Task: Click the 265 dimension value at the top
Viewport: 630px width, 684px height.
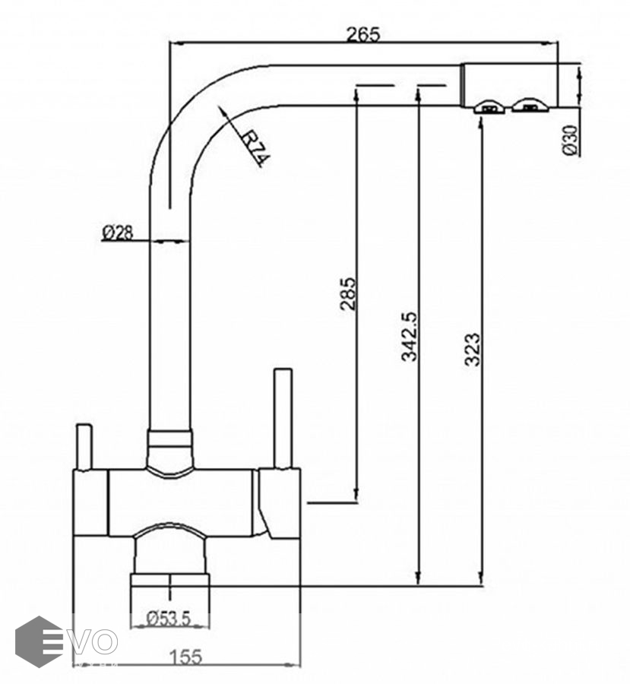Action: tap(362, 34)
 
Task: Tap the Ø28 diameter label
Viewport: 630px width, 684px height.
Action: tap(118, 233)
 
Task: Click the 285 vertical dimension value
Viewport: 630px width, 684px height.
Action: tap(348, 294)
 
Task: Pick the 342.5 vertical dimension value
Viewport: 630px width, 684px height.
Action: tap(408, 335)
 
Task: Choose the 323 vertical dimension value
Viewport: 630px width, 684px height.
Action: tap(472, 350)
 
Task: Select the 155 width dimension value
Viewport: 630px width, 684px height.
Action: tap(186, 657)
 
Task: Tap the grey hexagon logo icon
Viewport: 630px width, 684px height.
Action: tap(39, 641)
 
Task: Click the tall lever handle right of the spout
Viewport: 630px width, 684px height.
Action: tap(283, 418)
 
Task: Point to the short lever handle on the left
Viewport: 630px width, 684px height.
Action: tap(84, 446)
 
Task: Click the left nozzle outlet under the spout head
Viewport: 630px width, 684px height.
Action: tap(490, 106)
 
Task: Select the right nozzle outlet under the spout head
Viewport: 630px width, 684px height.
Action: tap(529, 106)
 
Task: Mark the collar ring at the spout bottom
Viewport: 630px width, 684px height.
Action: tap(169, 439)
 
